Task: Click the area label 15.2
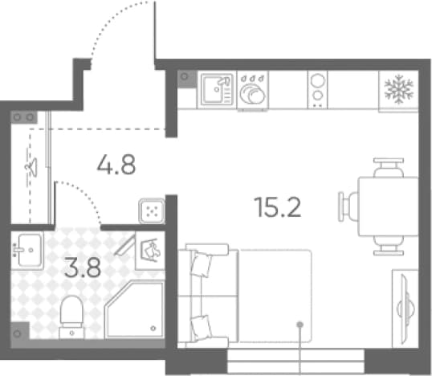click(278, 207)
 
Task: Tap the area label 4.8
click(116, 164)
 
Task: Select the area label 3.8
click(83, 268)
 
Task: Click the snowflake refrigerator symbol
click(398, 89)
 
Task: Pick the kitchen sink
click(217, 90)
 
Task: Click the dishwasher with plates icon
click(252, 90)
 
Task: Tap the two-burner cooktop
click(317, 90)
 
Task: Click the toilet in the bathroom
click(71, 317)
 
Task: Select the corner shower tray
click(134, 309)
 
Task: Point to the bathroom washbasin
click(27, 251)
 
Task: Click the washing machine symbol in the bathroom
click(150, 251)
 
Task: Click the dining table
click(388, 206)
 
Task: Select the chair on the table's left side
click(348, 206)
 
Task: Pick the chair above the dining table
click(389, 168)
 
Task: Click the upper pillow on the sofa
click(201, 264)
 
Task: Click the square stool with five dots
click(152, 211)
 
